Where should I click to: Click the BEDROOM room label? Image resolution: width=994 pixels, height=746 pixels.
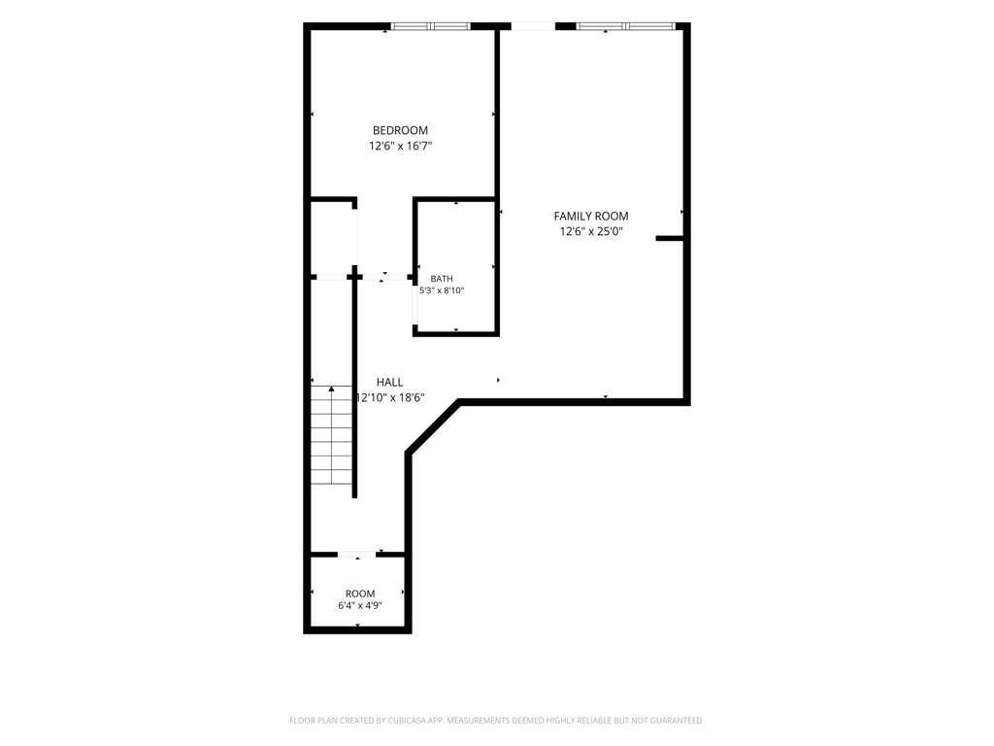click(400, 131)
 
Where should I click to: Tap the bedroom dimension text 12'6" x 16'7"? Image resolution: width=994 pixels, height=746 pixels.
click(401, 146)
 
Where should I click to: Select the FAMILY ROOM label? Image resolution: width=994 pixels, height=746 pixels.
click(591, 217)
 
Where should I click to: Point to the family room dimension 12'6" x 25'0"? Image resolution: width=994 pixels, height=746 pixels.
click(591, 231)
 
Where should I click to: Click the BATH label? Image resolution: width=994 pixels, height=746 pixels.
click(442, 279)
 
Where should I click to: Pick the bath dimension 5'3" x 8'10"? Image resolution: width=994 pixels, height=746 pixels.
click(442, 290)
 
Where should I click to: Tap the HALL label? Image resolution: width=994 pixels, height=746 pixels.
click(390, 382)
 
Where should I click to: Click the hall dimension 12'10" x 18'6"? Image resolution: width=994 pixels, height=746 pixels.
click(390, 397)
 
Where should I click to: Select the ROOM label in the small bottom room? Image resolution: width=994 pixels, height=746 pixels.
click(360, 593)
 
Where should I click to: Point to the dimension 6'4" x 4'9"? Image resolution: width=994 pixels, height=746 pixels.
click(360, 606)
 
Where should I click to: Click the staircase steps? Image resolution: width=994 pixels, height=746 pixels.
click(332, 435)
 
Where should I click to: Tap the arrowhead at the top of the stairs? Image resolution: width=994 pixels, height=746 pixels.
click(332, 389)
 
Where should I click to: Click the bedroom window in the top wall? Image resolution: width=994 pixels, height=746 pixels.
click(431, 26)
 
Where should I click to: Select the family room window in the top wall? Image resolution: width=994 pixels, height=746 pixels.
click(625, 26)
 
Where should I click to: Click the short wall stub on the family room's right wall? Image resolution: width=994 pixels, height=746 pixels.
click(670, 239)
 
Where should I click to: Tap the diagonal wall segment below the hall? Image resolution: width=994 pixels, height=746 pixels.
click(433, 426)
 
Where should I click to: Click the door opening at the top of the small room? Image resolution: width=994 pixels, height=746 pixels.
click(357, 555)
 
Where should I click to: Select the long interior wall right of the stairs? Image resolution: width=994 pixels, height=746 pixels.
click(354, 387)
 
